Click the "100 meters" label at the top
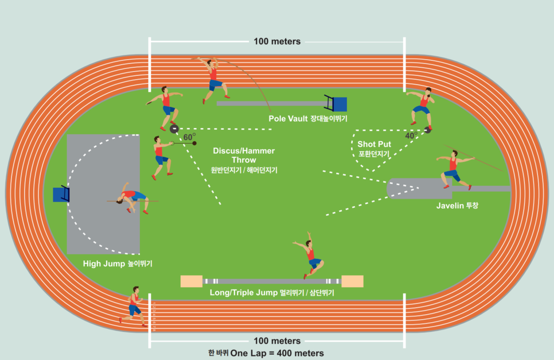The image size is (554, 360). coord(277,41)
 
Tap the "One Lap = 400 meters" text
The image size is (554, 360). coord(277,353)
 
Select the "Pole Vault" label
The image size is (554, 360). coord(289,118)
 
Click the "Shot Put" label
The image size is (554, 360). coord(374,144)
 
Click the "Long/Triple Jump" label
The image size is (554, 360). coord(244,293)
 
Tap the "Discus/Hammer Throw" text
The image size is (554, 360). coord(244,155)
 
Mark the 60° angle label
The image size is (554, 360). coord(189,137)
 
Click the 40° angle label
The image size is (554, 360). coord(411,136)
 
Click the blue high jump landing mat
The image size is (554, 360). coord(60,195)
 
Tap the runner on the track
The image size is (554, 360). coord(134,306)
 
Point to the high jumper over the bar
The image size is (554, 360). coord(132,198)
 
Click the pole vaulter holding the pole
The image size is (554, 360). coord(214,79)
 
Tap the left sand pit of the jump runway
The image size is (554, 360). coord(191,281)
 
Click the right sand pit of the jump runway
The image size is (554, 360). coord(352,281)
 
